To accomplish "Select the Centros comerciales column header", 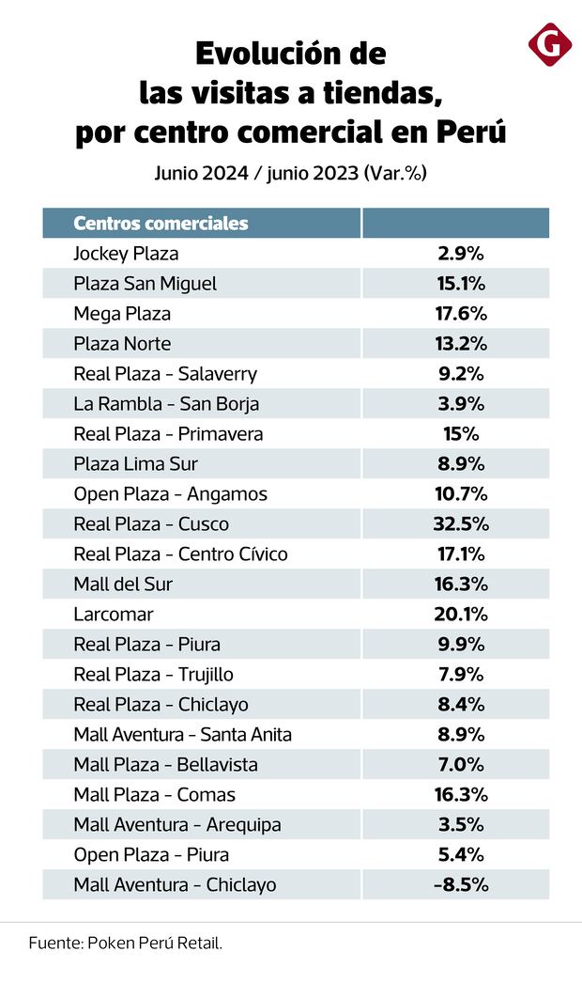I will click(161, 224).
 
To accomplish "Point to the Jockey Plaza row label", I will click(126, 254).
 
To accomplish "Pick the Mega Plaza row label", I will click(122, 314).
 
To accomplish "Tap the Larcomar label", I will click(113, 615).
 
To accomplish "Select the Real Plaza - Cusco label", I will click(151, 524).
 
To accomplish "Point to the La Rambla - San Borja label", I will click(166, 404).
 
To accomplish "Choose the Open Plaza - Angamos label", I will click(170, 494).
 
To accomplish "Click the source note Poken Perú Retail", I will click(126, 943).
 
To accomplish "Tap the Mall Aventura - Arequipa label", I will click(177, 825).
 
